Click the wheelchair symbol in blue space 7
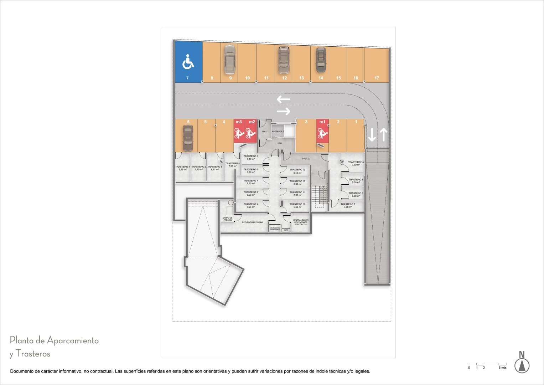tap(188, 61)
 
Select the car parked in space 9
tap(230, 58)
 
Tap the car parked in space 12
tap(283, 60)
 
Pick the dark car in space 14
tap(321, 60)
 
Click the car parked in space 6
tap(188, 138)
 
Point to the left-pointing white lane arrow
tap(284, 99)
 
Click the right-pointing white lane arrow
tap(284, 112)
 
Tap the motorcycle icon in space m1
tap(322, 134)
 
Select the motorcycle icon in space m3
tap(239, 134)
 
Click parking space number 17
tap(377, 78)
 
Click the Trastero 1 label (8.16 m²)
tap(182, 168)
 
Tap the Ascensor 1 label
tap(278, 132)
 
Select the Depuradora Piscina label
tap(253, 222)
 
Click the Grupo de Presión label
tap(227, 219)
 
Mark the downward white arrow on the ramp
tap(372, 135)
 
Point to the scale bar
tap(487, 365)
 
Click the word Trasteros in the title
tap(33, 354)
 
